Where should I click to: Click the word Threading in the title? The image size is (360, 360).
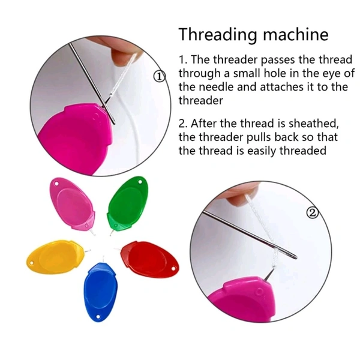[217, 35]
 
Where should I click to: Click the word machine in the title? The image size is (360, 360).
[295, 34]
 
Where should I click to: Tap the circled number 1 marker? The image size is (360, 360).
[160, 76]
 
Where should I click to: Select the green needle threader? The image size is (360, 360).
[127, 205]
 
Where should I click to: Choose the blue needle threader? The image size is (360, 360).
[100, 290]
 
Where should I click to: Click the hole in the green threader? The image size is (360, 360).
[140, 182]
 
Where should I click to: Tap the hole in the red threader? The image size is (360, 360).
[173, 268]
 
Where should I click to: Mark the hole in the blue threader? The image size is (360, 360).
[98, 317]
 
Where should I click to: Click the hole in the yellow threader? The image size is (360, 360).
[31, 263]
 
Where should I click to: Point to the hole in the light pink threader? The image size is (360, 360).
[56, 184]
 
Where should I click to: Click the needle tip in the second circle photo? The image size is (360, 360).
[296, 258]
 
